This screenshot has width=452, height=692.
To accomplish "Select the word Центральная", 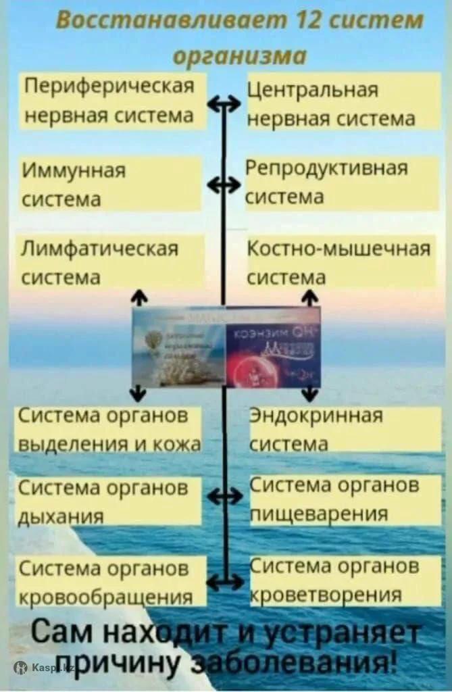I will point(313,91).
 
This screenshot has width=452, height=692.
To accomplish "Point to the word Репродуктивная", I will point(327,169).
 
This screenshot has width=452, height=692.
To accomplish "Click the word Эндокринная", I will point(316,416).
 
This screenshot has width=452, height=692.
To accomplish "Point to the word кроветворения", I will point(326,595).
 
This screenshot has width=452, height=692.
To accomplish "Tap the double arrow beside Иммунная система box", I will point(223,184).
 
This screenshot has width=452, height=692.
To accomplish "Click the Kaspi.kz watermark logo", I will point(43,668).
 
